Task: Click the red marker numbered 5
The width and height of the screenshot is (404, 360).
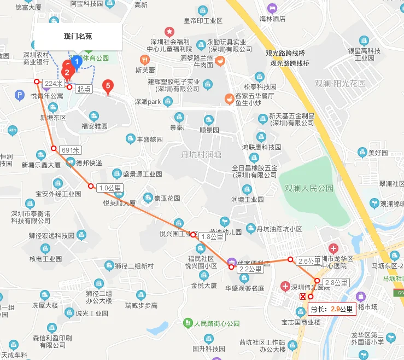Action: tap(108, 86)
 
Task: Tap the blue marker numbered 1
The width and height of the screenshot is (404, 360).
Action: tap(77, 62)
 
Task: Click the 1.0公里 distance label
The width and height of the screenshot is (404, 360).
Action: tap(110, 188)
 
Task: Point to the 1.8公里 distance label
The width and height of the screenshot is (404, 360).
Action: tap(212, 237)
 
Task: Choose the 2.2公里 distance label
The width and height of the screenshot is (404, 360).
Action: tap(251, 269)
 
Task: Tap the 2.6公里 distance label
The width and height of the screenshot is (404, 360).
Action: tap(309, 262)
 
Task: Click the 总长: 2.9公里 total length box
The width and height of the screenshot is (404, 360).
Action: tap(332, 309)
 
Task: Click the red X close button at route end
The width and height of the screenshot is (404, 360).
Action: tap(303, 297)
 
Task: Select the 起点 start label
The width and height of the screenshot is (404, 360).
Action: tap(83, 89)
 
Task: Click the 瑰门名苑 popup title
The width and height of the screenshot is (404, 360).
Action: tap(78, 37)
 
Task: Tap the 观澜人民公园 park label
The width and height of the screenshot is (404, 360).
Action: tap(309, 188)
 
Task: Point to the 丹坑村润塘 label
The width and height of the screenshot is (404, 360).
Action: tap(201, 155)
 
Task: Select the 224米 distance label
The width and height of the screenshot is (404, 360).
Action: tap(54, 83)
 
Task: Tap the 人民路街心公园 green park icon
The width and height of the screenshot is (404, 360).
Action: tap(188, 323)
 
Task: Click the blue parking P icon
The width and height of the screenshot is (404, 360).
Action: tap(20, 96)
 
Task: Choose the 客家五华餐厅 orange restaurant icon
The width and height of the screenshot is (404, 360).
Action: tap(229, 98)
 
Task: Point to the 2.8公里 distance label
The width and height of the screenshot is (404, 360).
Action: tap(336, 283)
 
